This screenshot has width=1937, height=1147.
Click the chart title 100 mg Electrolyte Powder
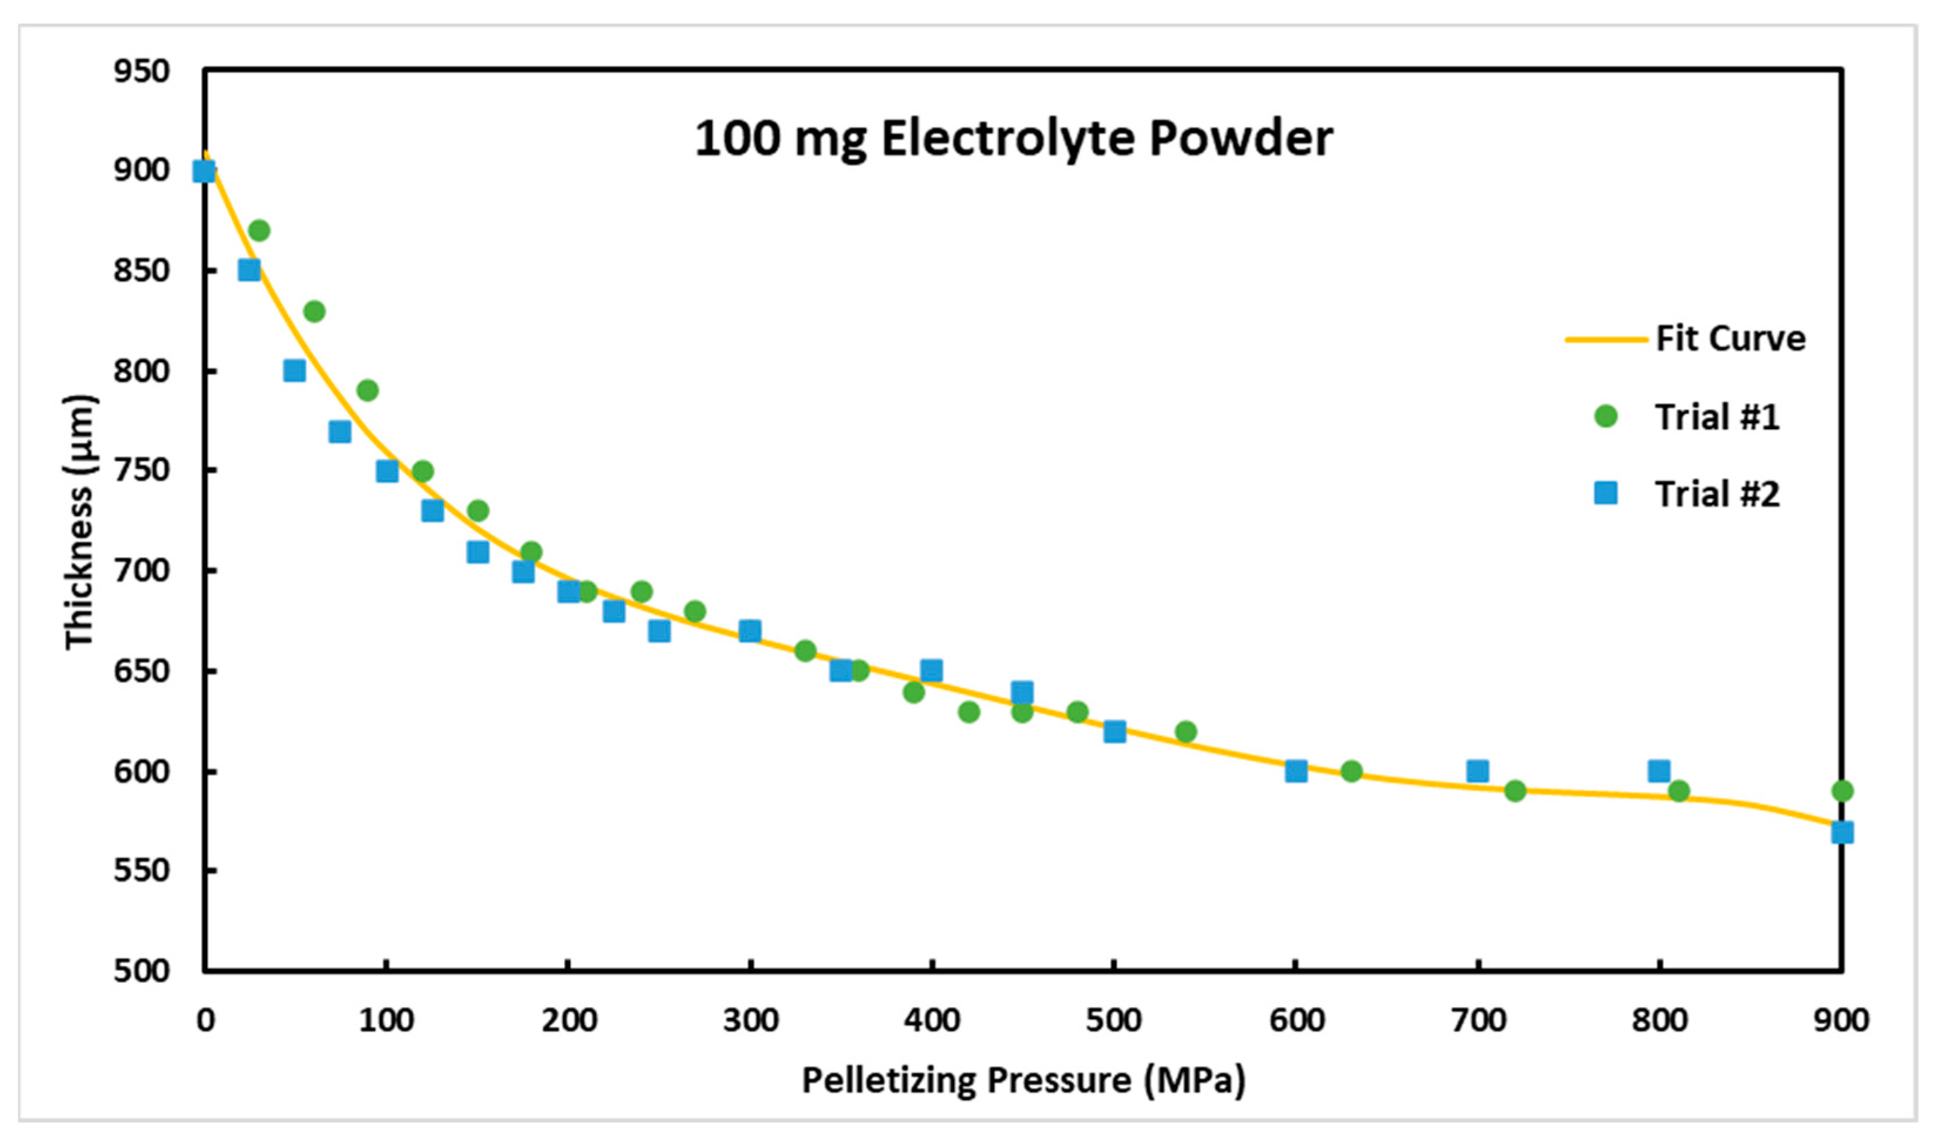1013,139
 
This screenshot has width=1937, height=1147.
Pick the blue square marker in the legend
1605,493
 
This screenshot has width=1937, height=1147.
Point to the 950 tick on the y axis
142,71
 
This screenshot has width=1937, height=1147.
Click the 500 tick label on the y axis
142,971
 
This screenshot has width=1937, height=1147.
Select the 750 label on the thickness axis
142,470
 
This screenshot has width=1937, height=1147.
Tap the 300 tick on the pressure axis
750,1021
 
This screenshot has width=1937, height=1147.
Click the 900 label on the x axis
1840,1021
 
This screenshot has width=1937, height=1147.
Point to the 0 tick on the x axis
205,1021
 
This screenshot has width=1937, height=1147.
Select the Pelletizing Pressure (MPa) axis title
1023,1079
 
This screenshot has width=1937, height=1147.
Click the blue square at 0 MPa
204,171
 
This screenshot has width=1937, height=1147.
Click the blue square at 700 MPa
1477,771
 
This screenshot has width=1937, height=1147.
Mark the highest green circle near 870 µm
259,230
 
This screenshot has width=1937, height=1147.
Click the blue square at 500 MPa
1114,731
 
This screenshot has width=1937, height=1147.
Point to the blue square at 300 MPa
750,630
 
